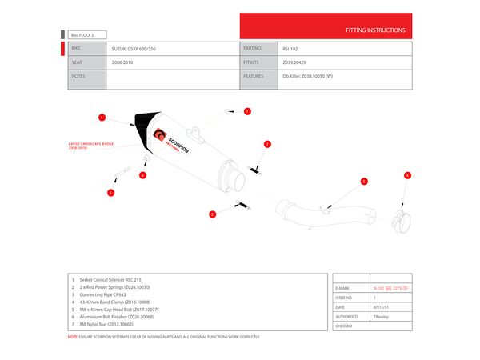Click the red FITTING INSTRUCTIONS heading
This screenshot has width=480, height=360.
374,30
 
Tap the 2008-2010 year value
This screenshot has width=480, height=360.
123,62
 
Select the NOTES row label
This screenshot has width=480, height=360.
78,76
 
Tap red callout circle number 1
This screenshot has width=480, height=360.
102,118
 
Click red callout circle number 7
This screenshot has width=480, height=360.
247,111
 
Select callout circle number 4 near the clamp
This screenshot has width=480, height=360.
407,175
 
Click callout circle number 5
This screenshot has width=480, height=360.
111,193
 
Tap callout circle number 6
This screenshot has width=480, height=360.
142,174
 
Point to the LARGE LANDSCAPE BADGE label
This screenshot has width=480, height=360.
90,146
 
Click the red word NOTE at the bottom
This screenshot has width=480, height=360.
73,337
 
